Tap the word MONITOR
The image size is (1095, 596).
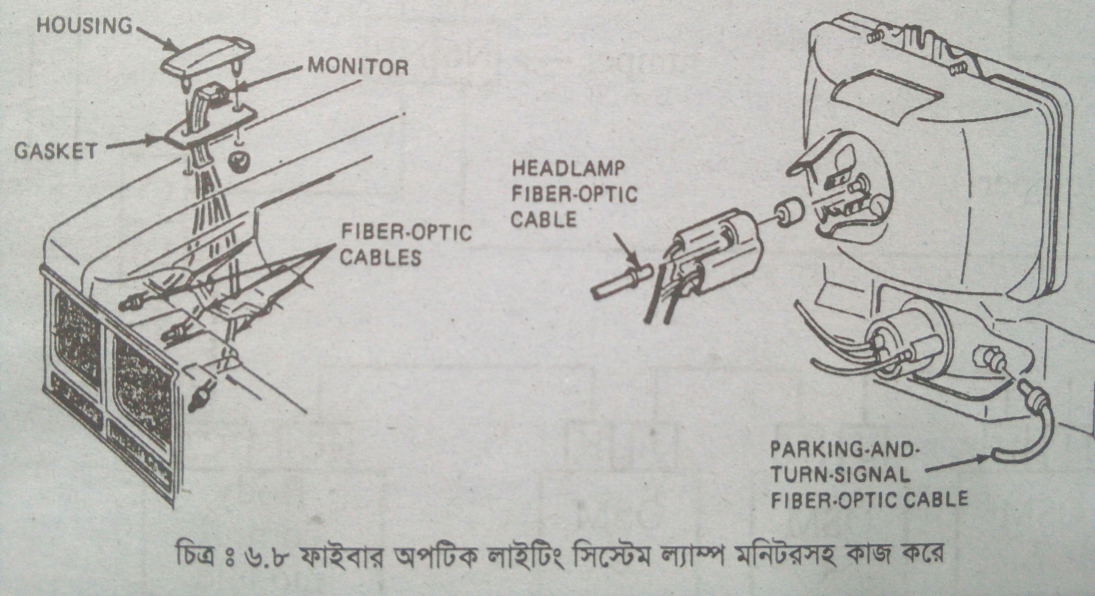tap(358, 67)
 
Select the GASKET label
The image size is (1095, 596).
tap(55, 151)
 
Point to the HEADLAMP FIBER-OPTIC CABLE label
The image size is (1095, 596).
tap(574, 195)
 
